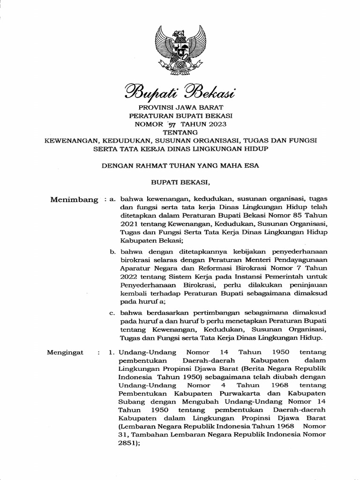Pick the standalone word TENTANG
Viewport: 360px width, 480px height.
(180, 132)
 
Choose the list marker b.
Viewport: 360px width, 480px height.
(112, 252)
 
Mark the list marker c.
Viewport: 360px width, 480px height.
(112, 313)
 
